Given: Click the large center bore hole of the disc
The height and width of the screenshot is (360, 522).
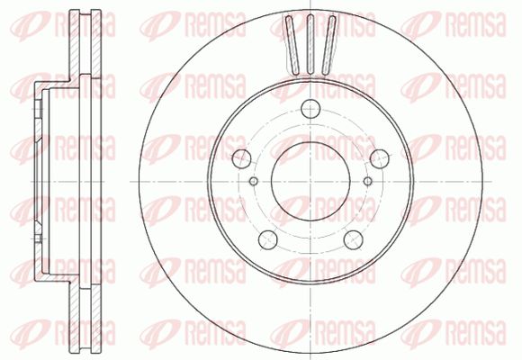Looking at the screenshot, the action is click(310, 181).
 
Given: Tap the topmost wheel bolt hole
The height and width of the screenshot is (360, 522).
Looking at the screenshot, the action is click(310, 109).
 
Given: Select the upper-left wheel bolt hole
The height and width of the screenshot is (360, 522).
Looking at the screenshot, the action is click(242, 158).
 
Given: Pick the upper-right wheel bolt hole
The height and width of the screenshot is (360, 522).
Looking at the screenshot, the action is click(380, 158).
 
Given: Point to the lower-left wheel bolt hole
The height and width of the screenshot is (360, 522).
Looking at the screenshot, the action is click(268, 239).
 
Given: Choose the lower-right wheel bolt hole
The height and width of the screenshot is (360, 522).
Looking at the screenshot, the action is click(353, 239).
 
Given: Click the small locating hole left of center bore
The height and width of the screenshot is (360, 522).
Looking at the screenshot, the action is click(254, 181).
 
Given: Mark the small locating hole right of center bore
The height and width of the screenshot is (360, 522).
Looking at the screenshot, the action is click(367, 181).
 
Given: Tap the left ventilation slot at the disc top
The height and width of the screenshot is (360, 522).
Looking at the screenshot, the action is click(293, 45).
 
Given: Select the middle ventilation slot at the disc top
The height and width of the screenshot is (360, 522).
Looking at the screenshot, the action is click(310, 44).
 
